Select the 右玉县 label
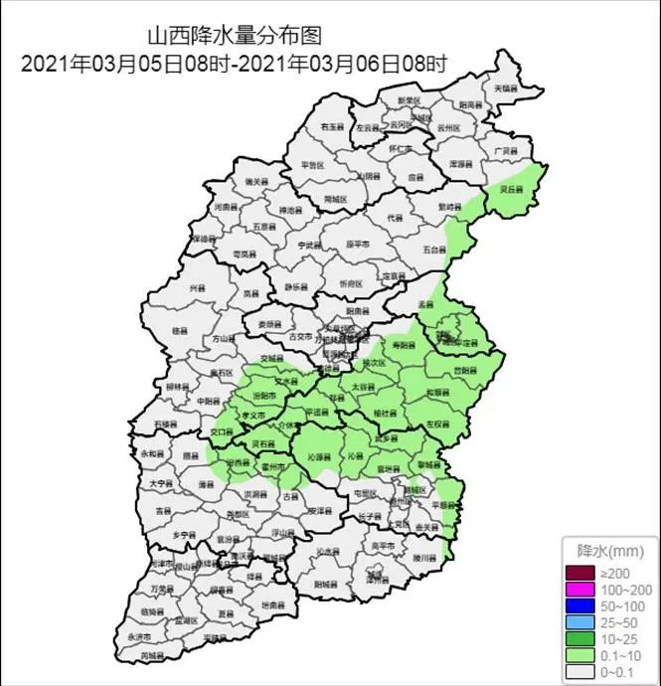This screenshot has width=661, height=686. point(331,128)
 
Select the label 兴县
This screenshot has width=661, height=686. point(197,288)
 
